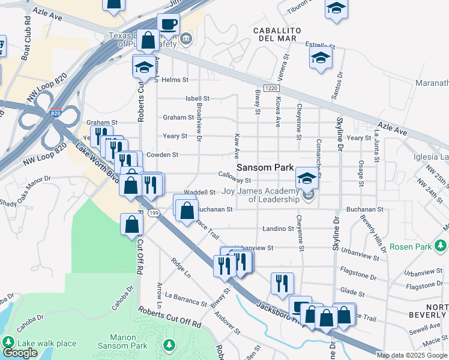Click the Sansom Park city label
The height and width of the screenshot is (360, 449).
pyautogui.click(x=264, y=168)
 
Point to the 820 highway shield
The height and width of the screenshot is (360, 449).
pyautogui.click(x=55, y=113)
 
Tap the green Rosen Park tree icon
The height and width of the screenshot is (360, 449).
pyautogui.click(x=441, y=246)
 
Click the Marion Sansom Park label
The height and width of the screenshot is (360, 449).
pyautogui.click(x=131, y=342)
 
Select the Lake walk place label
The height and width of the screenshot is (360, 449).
pyautogui.click(x=47, y=343)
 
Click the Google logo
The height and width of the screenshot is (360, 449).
pyautogui.click(x=20, y=353)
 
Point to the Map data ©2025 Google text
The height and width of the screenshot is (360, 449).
pyautogui.click(x=412, y=355)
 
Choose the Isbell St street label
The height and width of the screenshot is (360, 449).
pyautogui.click(x=197, y=98)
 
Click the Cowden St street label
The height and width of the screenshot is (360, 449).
pyautogui.click(x=162, y=155)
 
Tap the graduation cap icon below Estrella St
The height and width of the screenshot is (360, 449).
pyautogui.click(x=321, y=58)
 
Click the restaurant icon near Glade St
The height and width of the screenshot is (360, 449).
pyautogui.click(x=282, y=283)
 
